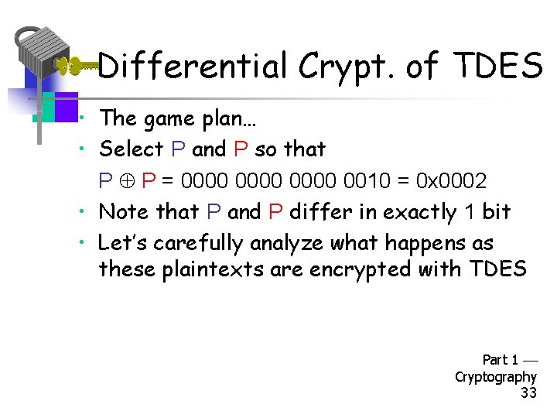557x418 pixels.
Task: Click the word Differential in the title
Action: [193, 67]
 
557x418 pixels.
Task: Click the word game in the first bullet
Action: [176, 118]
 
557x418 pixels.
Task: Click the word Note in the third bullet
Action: [125, 211]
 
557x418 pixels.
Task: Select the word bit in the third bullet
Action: [497, 211]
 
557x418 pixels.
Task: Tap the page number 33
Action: [528, 393]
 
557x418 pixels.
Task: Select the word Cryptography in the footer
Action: [495, 377]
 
